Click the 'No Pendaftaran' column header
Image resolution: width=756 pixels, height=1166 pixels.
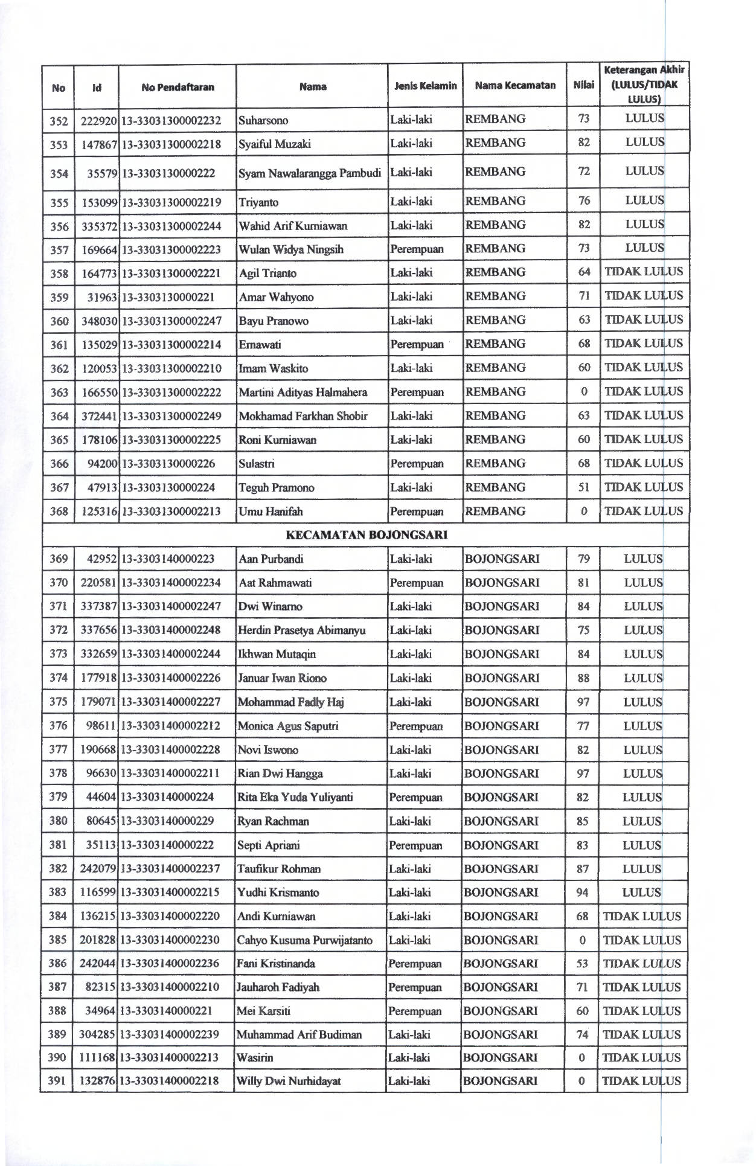click(178, 87)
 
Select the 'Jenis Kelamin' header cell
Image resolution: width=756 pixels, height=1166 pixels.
click(425, 86)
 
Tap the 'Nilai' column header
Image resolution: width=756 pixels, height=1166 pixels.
click(583, 86)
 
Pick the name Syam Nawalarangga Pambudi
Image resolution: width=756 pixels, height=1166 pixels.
click(310, 174)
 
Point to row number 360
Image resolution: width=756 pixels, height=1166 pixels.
click(59, 321)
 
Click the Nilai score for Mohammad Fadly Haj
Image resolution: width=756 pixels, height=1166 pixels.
click(583, 702)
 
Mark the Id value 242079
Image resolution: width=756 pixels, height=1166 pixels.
click(98, 869)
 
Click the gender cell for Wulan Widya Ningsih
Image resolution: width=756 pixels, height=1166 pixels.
click(417, 249)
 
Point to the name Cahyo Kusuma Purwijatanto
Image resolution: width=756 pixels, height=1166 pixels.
click(305, 940)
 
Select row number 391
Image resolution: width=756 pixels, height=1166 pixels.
click(57, 1081)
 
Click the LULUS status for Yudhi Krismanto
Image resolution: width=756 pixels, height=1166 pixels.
click(642, 892)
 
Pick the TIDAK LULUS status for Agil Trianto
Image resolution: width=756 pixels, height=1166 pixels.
click(644, 272)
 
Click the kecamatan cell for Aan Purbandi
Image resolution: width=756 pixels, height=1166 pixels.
click(502, 559)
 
